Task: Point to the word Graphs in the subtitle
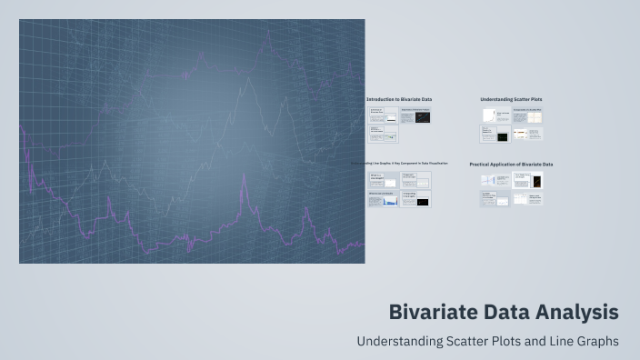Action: click(595, 342)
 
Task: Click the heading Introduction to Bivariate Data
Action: click(399, 99)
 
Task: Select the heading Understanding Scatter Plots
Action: click(511, 99)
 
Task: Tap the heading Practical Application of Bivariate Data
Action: click(511, 164)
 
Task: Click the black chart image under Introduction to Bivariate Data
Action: click(422, 117)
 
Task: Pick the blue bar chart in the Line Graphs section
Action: click(382, 201)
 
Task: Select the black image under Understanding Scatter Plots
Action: click(503, 135)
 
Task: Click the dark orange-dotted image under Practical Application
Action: click(536, 180)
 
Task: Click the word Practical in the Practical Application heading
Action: click(480, 164)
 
